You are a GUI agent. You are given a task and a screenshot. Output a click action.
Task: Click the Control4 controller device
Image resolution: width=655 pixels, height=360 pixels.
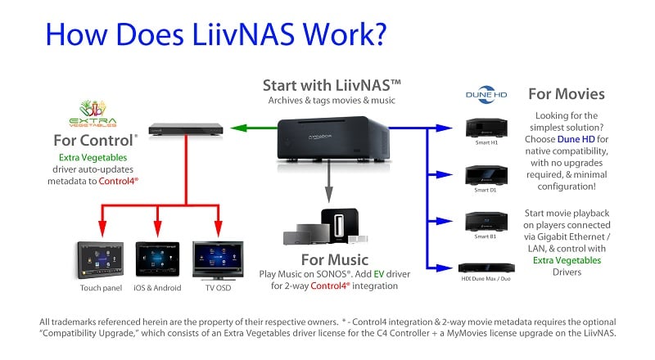pos(186,128)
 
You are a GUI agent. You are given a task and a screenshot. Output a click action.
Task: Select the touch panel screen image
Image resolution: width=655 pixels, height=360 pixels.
pos(102,260)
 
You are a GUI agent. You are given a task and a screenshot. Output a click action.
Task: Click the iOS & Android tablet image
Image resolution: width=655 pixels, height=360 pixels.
pos(157,260)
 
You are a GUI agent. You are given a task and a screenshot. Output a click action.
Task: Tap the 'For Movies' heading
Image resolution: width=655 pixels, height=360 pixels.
pos(566,94)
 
